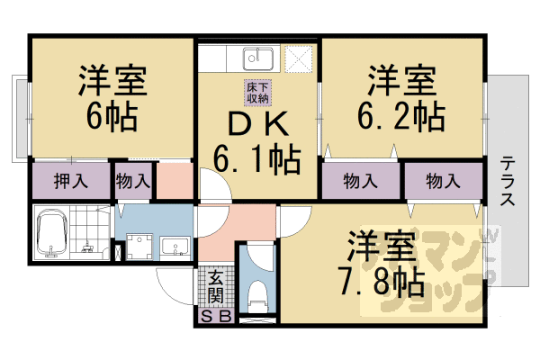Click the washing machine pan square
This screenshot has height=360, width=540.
tap(139, 247)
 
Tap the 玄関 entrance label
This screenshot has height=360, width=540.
tap(216, 287)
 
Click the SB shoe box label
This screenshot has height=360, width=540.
tap(215, 316)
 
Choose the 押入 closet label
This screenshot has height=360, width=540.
tap(69, 181)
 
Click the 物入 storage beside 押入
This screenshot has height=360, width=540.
tap(132, 181)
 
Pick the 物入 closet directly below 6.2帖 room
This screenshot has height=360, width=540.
tap(360, 181)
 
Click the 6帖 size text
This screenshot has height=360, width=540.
tap(112, 115)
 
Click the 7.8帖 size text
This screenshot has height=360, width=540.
tap(382, 283)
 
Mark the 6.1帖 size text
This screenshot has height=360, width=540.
tap(256, 162)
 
